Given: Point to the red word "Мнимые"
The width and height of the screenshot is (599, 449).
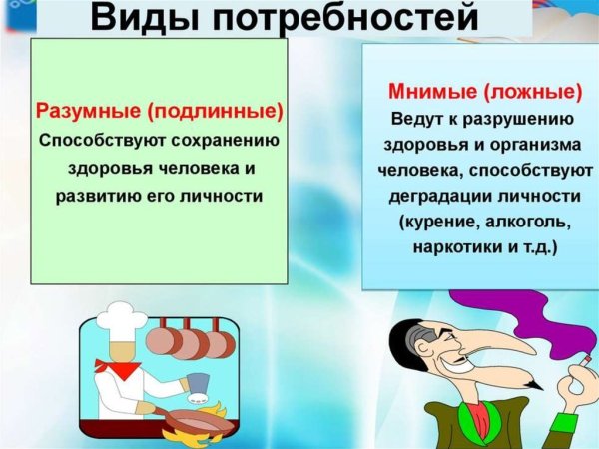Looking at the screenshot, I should click(426, 94).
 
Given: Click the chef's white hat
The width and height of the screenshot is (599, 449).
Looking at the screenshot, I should click(117, 317).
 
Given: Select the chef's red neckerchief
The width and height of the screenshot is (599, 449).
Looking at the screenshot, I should click(121, 368).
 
